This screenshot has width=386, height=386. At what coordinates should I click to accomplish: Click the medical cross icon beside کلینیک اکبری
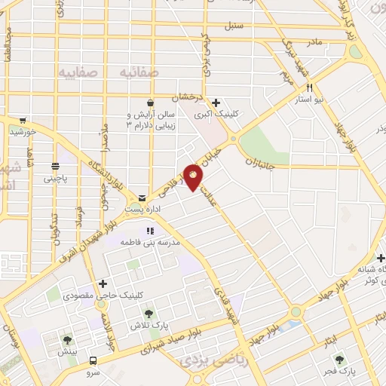[x=216, y=103]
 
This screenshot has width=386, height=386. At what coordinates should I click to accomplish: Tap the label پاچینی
[x=55, y=179]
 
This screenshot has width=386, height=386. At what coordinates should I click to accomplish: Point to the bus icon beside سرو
[x=93, y=360]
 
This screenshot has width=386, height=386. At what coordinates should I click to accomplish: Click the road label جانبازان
[x=263, y=161]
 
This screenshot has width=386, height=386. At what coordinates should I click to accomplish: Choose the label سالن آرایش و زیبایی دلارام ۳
[x=151, y=120]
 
